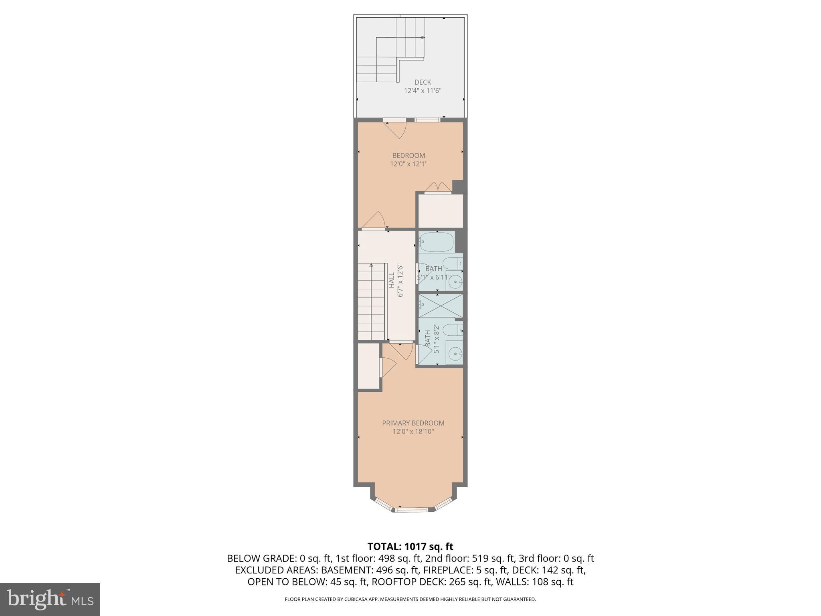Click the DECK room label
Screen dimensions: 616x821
coord(423,82)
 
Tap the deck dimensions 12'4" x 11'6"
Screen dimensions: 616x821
coord(423,91)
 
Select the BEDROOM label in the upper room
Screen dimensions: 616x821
coord(408,156)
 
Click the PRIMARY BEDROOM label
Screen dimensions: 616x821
coord(413,423)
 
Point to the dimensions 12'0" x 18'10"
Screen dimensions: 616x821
coord(413,432)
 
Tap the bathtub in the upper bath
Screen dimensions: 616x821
coord(437,242)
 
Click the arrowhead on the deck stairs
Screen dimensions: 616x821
coord(423,38)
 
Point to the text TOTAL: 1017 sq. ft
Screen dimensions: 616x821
coord(410,546)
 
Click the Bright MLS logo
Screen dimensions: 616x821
coord(50,599)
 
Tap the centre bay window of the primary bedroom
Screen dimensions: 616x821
coord(413,510)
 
